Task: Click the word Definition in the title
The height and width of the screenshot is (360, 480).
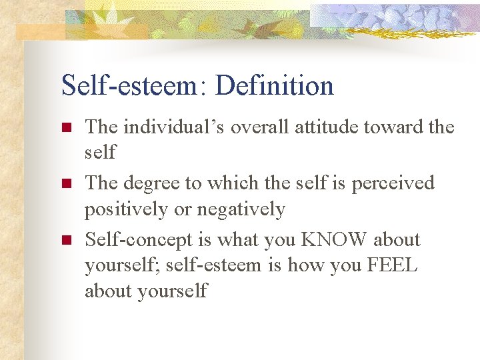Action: (x=275, y=86)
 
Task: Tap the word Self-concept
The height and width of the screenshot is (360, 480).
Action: (x=139, y=240)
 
